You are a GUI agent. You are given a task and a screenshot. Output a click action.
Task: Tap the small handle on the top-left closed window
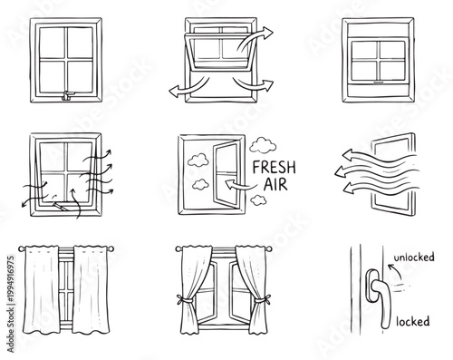(69, 97)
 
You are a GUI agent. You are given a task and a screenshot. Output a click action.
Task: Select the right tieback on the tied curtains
(261, 298)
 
